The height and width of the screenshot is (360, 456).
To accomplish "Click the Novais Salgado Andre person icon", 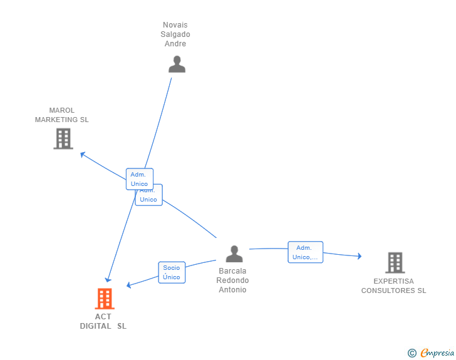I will (177, 64).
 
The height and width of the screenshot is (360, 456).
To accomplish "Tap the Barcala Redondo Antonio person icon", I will (234, 254).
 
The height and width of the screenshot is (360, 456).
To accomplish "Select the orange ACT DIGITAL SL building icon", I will (105, 299).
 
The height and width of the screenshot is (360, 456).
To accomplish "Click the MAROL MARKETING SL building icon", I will (63, 138).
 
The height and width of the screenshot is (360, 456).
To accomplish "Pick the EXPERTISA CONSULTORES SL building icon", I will (394, 262).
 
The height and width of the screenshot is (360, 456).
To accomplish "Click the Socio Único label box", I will (172, 272).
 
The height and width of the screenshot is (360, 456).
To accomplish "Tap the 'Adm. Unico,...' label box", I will (305, 252).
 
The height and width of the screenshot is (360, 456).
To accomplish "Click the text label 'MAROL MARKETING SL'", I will (62, 115).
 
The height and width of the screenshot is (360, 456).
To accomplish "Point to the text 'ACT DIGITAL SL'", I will (103, 321).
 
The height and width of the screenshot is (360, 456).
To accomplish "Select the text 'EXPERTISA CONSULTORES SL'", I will (393, 286).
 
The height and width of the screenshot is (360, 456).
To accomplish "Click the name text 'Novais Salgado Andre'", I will (175, 34).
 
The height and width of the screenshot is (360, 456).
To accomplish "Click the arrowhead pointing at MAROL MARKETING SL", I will (83, 154).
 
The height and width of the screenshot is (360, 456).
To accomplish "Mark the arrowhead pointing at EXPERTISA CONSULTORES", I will (359, 255).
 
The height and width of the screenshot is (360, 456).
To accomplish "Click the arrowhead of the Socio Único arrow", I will (129, 285).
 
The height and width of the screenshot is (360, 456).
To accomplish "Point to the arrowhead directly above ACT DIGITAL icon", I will (108, 279).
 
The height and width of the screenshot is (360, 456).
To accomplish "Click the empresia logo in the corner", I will (437, 353).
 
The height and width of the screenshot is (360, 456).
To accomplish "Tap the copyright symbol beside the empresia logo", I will (412, 353).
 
